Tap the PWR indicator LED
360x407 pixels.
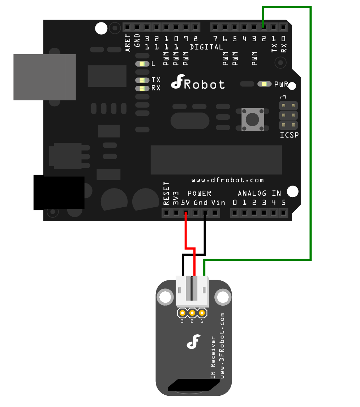265,84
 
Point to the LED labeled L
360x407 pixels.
142,64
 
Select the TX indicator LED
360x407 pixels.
142,80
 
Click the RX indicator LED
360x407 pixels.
142,88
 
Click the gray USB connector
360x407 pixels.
44,77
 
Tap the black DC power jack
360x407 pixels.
59,192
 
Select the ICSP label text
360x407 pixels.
289,136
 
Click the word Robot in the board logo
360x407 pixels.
204,85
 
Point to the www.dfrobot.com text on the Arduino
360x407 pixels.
227,180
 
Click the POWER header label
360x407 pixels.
199,194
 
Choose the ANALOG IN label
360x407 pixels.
259,194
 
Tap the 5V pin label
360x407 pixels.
185,203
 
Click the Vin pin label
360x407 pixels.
218,203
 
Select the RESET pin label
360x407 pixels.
166,194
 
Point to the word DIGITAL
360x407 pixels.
206,47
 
